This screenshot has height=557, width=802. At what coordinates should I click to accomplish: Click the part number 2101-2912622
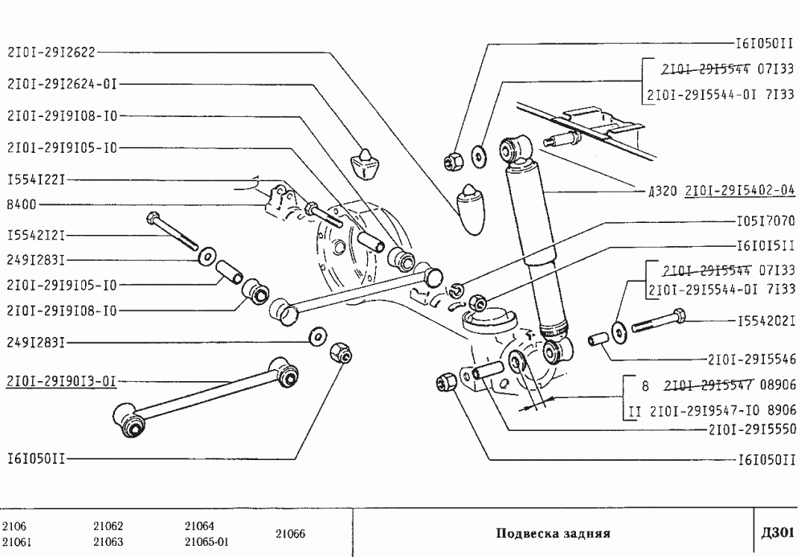[x=52, y=53]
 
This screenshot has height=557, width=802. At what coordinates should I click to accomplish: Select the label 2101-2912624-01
[x=63, y=84]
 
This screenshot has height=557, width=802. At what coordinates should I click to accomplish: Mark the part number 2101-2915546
[x=750, y=359]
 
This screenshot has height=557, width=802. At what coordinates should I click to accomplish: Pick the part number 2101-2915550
[x=750, y=429]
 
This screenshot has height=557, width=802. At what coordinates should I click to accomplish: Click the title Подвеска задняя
[x=553, y=534]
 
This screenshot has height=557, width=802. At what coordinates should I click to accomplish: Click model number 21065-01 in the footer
[x=206, y=542]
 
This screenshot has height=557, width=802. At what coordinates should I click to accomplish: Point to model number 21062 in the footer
[x=108, y=526]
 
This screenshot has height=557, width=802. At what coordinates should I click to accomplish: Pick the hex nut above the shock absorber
[x=451, y=158]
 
